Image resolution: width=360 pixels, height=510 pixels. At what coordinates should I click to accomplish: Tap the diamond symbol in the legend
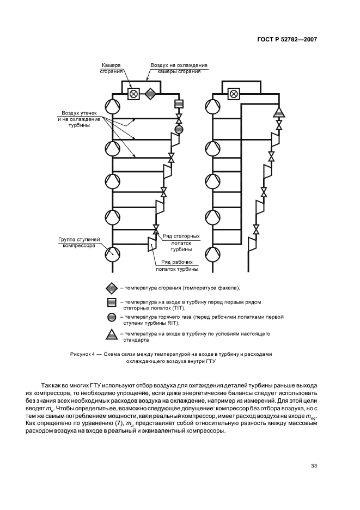[x=111, y=288]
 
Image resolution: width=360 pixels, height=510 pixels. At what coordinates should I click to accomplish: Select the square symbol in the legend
[x=111, y=302]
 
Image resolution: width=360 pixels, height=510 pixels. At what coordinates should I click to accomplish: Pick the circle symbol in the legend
[x=111, y=318]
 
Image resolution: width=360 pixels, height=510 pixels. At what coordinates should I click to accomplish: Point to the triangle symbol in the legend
[x=111, y=335]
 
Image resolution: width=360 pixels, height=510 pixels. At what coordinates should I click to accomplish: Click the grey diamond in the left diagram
[x=149, y=94]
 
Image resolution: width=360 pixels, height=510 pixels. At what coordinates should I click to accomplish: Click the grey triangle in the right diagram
[x=279, y=113]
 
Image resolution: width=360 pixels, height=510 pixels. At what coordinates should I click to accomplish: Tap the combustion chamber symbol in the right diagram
[x=234, y=94]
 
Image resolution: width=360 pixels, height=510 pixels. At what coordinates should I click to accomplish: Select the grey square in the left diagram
[x=178, y=104]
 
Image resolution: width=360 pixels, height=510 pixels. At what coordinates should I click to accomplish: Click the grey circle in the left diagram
[x=178, y=130]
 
